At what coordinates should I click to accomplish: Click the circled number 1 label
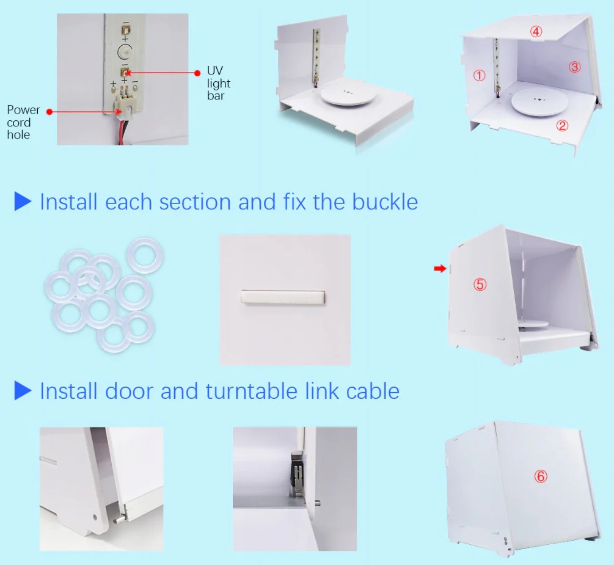coord(480,76)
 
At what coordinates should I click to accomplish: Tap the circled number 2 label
coord(562,126)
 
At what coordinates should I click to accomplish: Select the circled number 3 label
coord(574,67)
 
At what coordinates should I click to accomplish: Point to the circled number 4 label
coord(536,31)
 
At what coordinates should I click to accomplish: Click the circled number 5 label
coord(480,284)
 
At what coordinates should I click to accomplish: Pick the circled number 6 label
coord(541,476)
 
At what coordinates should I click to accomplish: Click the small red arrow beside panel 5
coord(440,269)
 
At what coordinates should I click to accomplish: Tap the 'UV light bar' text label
coord(219,83)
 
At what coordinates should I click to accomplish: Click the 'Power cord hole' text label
coord(23,122)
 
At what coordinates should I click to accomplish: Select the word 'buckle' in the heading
coord(385,202)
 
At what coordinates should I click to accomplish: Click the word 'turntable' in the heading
coord(251,391)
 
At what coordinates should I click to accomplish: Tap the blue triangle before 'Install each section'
coord(23,201)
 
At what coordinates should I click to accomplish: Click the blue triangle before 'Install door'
coord(23,391)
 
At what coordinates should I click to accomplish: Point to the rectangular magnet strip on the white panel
coord(283,297)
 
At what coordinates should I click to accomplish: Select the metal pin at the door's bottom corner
coord(119,519)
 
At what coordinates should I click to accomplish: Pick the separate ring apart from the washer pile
coord(145,255)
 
